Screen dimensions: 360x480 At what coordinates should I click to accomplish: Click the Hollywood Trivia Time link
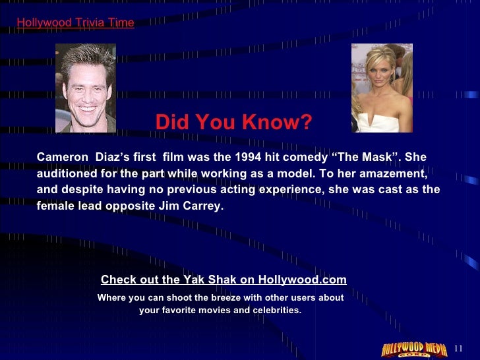[x=75, y=23]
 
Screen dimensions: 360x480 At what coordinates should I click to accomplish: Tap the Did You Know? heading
[x=233, y=122]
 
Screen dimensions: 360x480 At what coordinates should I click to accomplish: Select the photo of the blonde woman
[x=382, y=88]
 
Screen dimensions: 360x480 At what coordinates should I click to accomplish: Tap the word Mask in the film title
[x=378, y=158]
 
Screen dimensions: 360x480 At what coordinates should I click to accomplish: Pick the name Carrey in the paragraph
[x=204, y=206]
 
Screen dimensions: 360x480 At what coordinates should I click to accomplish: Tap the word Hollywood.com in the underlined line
[x=302, y=280]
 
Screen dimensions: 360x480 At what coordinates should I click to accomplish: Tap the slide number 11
[x=460, y=348]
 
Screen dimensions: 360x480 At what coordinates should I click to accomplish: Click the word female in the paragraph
[x=56, y=206]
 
